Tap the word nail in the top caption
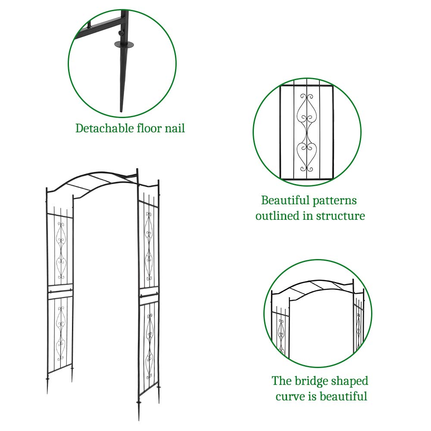[174, 128]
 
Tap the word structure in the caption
[340, 215]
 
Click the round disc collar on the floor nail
[124, 44]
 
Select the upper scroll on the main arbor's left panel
[61, 237]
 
